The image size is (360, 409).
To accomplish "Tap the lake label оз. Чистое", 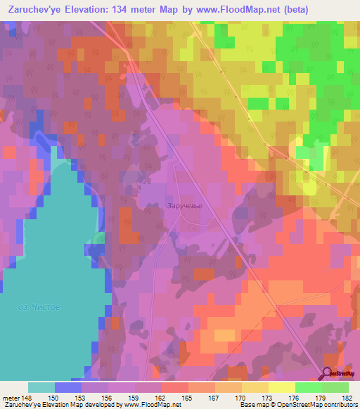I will point(39,307).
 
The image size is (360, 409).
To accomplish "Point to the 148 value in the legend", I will point(26,397).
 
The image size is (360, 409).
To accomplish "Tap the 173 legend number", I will point(268,397).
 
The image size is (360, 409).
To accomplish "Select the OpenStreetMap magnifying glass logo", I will point(329,375).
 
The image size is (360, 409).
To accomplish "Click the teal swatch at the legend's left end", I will point(41,387).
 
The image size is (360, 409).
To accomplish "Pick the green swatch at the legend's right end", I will point(335,387).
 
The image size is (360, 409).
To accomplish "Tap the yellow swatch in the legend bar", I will point(281,387).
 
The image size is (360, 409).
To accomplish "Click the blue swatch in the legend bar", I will point(67,387).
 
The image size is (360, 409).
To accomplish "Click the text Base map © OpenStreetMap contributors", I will point(299,405).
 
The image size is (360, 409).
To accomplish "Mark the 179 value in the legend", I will point(321,397).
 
